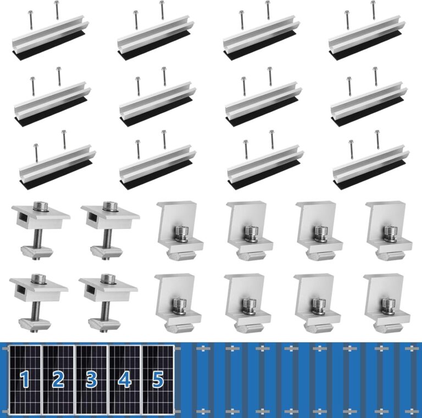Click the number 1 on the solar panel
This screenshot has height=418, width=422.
pyautogui.click(x=24, y=379)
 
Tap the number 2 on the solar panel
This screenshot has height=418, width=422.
pyautogui.click(x=58, y=379)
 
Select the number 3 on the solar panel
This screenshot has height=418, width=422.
pyautogui.click(x=91, y=379)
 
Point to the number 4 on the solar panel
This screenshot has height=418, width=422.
pyautogui.click(x=125, y=379)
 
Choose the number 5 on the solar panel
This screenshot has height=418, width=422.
pyautogui.click(x=158, y=379)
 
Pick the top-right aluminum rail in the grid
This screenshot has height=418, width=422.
pyautogui.click(x=367, y=36)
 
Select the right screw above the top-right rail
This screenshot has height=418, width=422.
pyautogui.click(x=374, y=10)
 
